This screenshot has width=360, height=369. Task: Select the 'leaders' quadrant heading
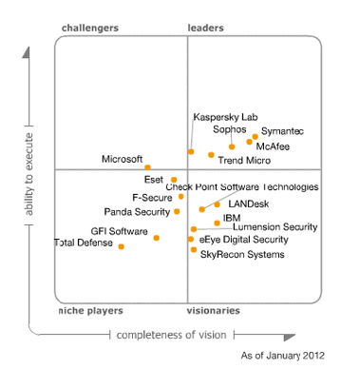[206, 29]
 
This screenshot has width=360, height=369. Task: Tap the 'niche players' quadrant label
[90, 311]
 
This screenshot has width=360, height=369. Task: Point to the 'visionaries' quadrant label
[213, 311]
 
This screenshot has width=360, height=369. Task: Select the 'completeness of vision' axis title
[173, 334]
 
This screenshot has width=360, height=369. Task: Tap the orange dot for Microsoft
[147, 167]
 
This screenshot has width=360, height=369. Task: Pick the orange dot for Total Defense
[122, 246]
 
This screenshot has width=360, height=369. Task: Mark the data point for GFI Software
[157, 238]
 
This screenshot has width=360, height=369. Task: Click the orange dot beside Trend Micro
[211, 154]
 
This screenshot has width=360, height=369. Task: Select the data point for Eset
[174, 179]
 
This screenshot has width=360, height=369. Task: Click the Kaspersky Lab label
[225, 117]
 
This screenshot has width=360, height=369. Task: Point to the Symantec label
[283, 130]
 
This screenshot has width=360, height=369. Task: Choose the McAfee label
[274, 146]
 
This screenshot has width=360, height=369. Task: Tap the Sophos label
[230, 130]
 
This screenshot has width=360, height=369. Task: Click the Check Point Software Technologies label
[243, 187]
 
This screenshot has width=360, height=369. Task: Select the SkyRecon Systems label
[241, 254]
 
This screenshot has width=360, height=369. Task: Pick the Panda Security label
[137, 211]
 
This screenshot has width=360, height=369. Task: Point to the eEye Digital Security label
[244, 241]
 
